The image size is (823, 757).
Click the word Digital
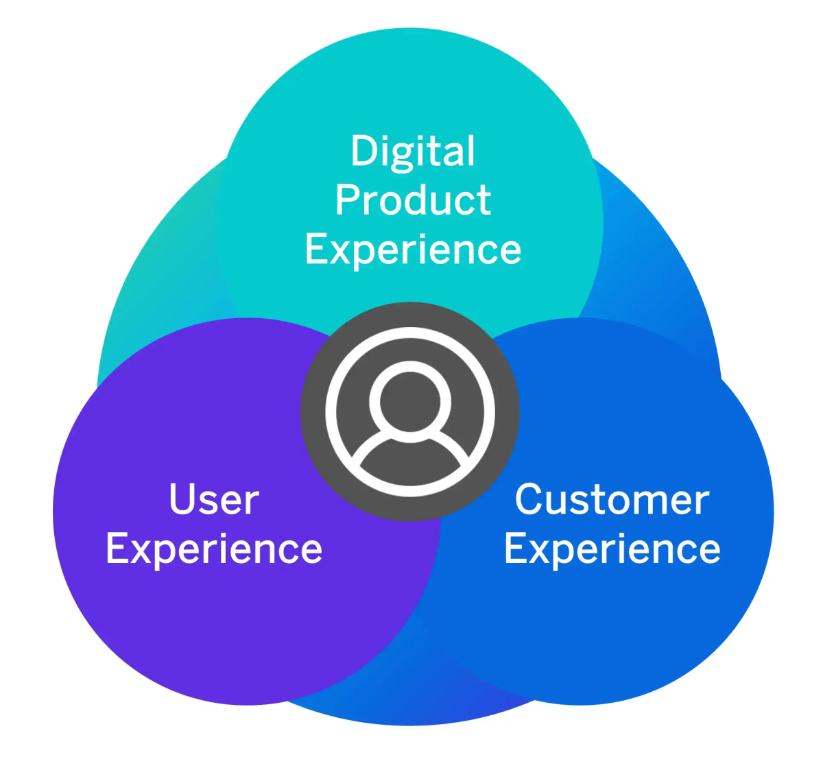coord(413,151)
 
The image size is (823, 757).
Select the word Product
coord(413,200)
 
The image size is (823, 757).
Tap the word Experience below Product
coord(413,250)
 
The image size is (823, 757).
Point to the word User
coord(214,499)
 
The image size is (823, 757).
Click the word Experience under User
coord(214,549)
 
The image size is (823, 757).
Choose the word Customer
coord(612,499)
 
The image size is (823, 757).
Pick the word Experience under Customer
coord(612,549)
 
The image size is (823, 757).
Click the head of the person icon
coord(410,398)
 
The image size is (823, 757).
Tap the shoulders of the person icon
coord(410,459)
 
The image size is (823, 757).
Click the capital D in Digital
coord(363,151)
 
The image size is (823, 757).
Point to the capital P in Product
coord(346,200)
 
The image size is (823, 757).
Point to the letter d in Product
coord(420,200)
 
